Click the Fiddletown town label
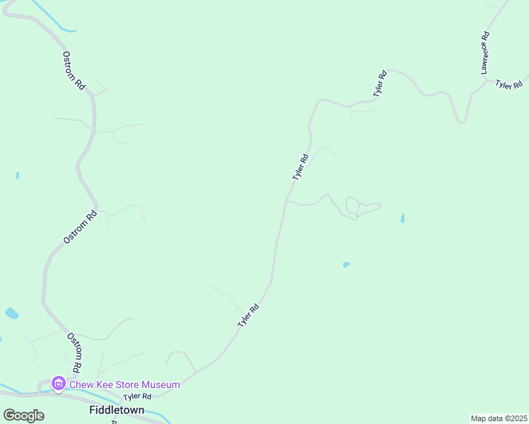(117, 410)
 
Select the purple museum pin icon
(58, 384)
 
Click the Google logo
(23, 416)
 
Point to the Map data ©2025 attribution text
(499, 418)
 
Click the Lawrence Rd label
(485, 53)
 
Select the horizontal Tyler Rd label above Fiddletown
(137, 397)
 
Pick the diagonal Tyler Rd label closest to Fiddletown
(249, 315)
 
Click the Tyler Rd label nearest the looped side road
(301, 167)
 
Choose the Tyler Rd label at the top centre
(380, 83)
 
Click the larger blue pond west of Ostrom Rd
(12, 313)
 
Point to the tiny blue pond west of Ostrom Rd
(17, 175)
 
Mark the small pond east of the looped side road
(402, 219)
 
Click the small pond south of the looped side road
(346, 265)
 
